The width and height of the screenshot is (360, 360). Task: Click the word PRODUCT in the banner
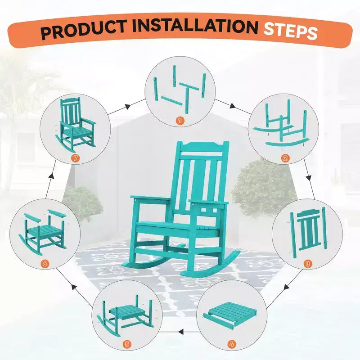point(84,29)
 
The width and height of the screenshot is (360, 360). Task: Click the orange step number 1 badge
point(180,121)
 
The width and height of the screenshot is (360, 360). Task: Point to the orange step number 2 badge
point(285,158)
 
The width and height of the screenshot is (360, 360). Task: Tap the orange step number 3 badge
point(308,264)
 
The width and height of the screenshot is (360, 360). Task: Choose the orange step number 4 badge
point(232,344)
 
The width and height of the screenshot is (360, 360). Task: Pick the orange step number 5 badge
point(127,344)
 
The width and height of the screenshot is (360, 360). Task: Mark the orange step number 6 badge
point(45,264)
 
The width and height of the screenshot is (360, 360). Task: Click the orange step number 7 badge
point(75,158)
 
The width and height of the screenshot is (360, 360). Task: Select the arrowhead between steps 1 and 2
point(232,106)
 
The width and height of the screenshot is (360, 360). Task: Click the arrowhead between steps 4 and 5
point(181,332)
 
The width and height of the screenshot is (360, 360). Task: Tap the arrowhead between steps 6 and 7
point(52,176)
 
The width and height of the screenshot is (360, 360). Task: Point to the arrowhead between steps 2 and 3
point(309,178)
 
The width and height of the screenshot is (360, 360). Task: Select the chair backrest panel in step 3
point(309,230)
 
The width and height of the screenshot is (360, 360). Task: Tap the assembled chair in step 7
point(76,125)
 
